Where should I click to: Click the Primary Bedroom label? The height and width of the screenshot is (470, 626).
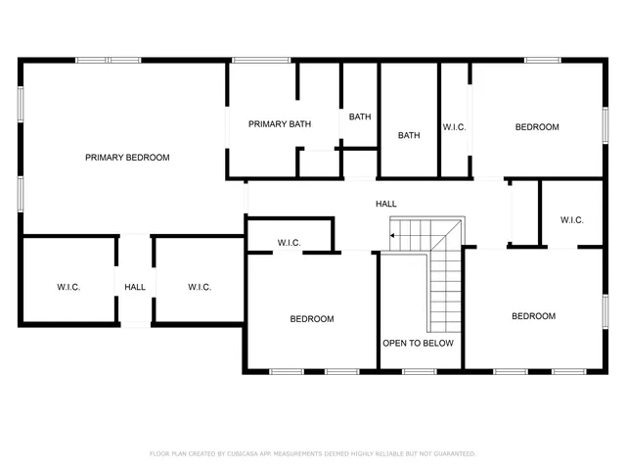point(127,158)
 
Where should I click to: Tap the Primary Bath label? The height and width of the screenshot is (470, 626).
point(280,124)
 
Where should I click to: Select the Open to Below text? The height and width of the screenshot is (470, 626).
point(418,344)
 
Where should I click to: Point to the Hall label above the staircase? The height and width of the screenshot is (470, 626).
point(386,204)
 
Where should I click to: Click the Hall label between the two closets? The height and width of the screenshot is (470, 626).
point(135,287)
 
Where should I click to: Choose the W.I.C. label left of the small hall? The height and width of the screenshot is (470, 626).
point(68,287)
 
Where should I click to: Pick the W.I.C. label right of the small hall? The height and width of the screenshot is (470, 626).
point(200,287)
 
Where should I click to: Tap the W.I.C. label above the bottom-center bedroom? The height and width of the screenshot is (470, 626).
point(289,243)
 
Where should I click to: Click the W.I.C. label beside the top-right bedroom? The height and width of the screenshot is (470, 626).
point(454,127)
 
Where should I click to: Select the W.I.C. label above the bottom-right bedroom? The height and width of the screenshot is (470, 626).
point(572,220)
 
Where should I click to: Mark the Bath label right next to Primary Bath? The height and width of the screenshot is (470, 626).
point(361,117)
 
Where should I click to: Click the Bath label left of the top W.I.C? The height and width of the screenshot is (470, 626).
point(409,135)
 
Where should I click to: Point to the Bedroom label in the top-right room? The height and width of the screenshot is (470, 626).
point(537,127)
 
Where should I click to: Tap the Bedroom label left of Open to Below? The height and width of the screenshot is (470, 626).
point(312,319)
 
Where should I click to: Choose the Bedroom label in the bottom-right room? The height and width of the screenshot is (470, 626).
point(534,316)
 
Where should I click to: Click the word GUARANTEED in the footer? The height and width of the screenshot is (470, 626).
point(454,454)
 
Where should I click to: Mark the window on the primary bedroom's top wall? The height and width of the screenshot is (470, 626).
point(109,61)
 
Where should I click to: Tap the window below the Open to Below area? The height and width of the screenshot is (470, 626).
point(420,371)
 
